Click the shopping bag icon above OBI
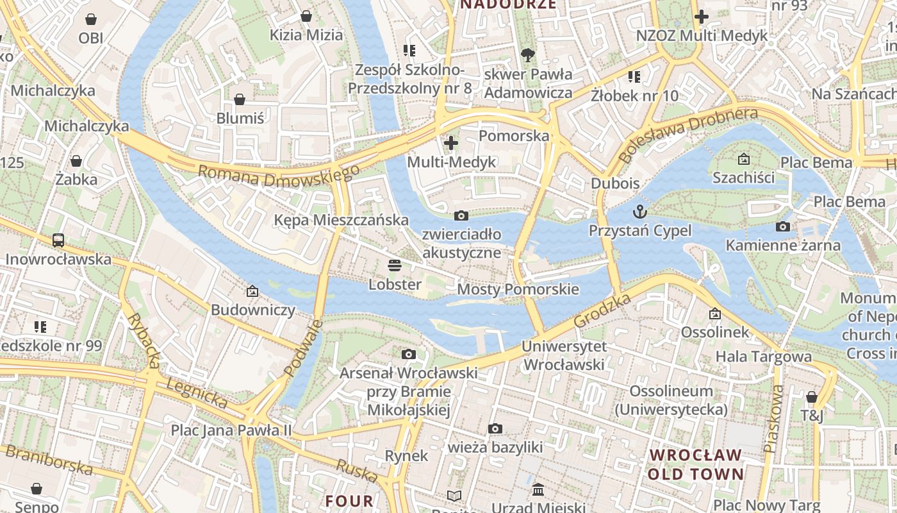90,19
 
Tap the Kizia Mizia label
306,35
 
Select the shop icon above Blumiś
239,99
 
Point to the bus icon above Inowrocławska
58,240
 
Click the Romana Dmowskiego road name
279,175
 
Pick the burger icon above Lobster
395,265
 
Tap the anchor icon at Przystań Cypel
640,211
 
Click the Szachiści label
743,178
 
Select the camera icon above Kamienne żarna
782,226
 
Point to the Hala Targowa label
763,357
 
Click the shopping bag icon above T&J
812,397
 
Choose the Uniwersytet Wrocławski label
564,356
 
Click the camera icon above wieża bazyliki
495,428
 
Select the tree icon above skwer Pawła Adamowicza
528,55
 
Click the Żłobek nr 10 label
634,96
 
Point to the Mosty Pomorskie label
518,289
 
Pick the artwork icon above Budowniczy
252,291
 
